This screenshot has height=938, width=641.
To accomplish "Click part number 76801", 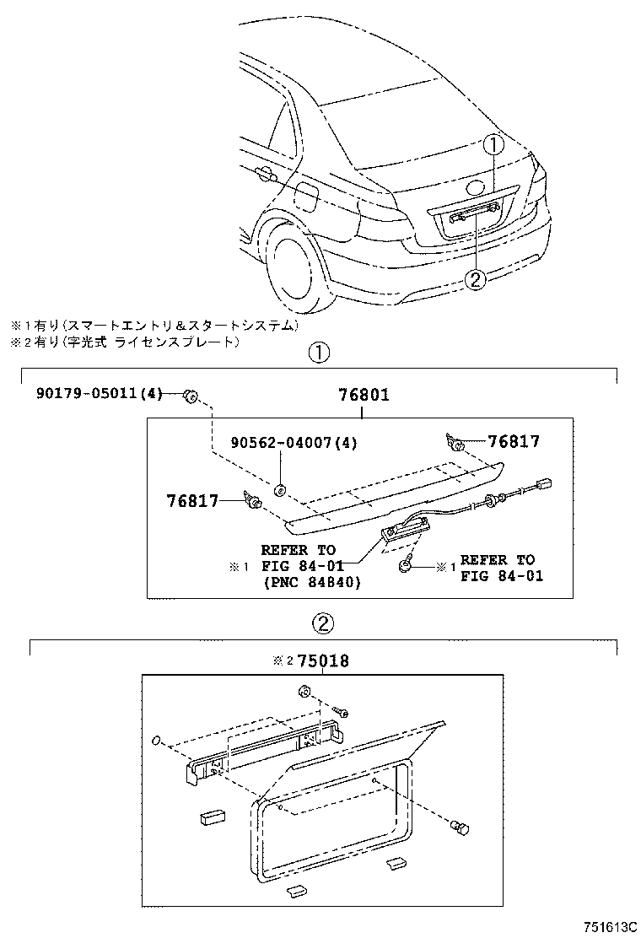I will (364, 394).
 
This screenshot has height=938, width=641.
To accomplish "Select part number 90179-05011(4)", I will (99, 394).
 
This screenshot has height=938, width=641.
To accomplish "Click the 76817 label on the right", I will (514, 441).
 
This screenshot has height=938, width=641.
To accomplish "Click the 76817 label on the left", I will (191, 501).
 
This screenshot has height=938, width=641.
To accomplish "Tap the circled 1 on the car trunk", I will (493, 145).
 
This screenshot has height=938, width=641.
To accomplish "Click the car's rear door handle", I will (264, 175).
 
